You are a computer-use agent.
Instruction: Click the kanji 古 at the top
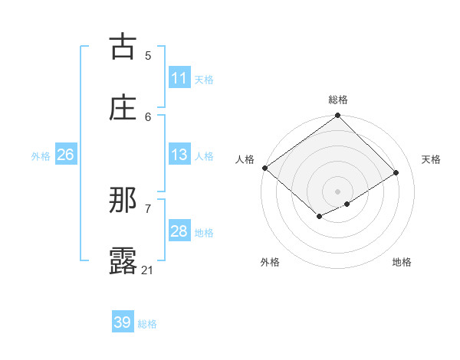(x=123, y=47)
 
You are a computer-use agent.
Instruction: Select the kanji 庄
(x=123, y=108)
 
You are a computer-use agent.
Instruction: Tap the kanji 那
(x=123, y=201)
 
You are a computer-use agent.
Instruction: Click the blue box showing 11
(x=179, y=78)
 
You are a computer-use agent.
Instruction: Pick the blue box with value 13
(x=179, y=155)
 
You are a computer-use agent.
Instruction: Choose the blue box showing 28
(x=179, y=231)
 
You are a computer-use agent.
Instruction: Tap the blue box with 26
(x=65, y=155)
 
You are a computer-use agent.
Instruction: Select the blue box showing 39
(x=123, y=322)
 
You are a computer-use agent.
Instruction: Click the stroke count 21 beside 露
(x=148, y=270)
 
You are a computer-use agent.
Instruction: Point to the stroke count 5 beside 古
(x=148, y=55)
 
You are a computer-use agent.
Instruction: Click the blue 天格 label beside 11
(x=204, y=79)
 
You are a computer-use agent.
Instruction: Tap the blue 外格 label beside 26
(x=41, y=155)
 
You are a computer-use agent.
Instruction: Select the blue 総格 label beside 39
(x=147, y=323)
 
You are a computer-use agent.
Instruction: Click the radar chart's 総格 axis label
(x=338, y=100)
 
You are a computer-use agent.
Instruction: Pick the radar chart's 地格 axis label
(x=402, y=262)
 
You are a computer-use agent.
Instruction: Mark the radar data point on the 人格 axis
(x=264, y=168)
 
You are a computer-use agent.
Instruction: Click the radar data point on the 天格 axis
(x=396, y=173)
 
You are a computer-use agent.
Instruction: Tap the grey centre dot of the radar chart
(x=338, y=191)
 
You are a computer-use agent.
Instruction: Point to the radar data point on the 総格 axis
(x=338, y=116)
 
